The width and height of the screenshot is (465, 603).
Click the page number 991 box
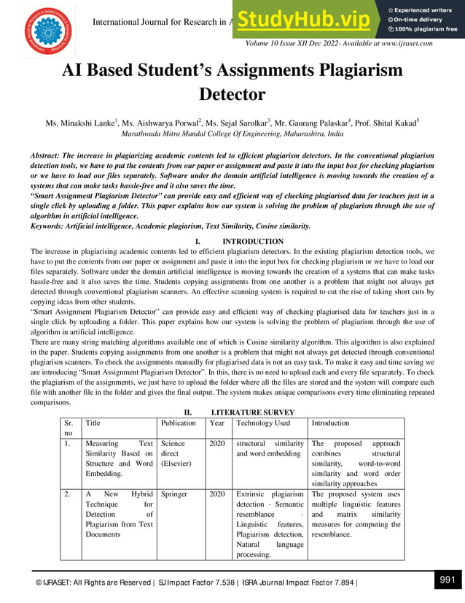point(448,580)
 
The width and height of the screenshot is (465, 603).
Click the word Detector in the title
point(232,95)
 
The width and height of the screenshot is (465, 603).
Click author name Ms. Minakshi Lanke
point(82,123)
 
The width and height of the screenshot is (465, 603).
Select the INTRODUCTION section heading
point(252,242)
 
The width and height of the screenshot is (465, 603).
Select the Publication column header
point(179,423)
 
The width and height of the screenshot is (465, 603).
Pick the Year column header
point(217,423)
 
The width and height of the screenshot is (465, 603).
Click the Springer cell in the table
point(173,494)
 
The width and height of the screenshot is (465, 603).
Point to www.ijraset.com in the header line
point(401,43)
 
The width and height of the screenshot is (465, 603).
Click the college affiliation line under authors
point(232,135)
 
